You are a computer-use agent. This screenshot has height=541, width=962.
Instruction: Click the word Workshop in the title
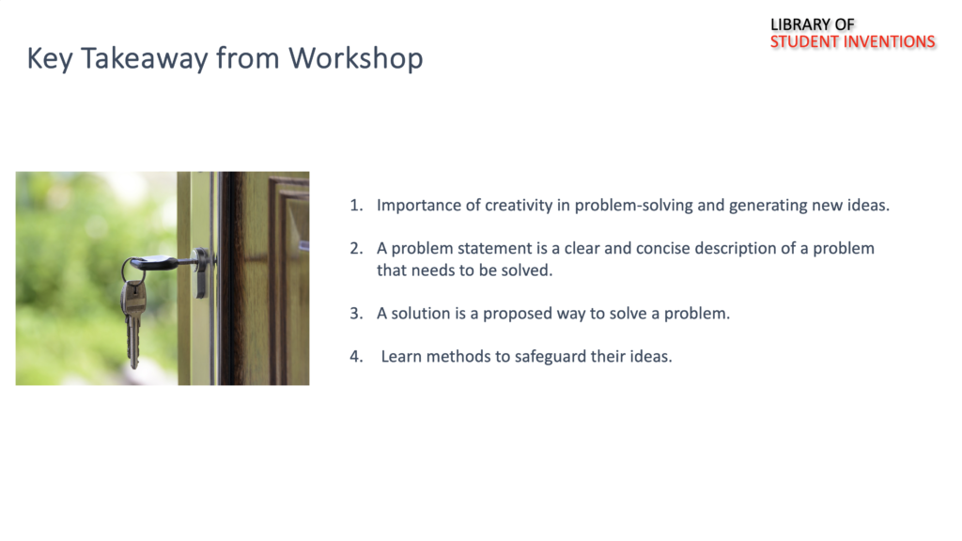[356, 59]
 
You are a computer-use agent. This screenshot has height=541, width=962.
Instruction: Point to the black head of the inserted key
[153, 263]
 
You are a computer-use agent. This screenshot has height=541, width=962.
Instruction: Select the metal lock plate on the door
[201, 272]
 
